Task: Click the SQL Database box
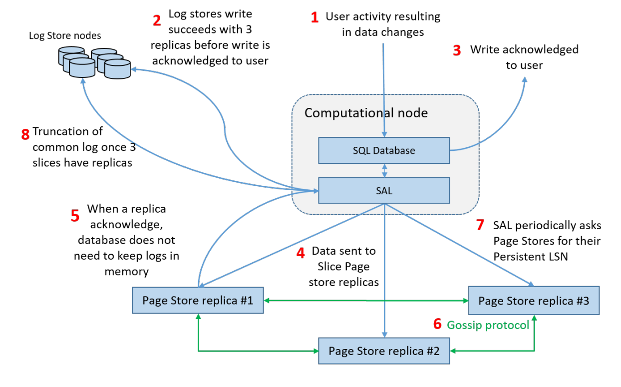pyautogui.click(x=384, y=150)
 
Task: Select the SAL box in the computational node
pyautogui.click(x=384, y=191)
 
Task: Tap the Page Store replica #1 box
pyautogui.click(x=198, y=300)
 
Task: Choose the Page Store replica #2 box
pyautogui.click(x=384, y=351)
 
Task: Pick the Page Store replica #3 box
pyautogui.click(x=534, y=301)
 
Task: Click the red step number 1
pyautogui.click(x=314, y=18)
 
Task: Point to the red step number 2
pyautogui.click(x=157, y=20)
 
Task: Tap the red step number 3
pyautogui.click(x=457, y=50)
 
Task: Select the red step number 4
pyautogui.click(x=300, y=253)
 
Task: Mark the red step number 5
pyautogui.click(x=75, y=215)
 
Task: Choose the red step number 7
pyautogui.click(x=480, y=225)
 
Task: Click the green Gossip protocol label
pyautogui.click(x=488, y=325)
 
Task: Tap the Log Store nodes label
pyautogui.click(x=65, y=35)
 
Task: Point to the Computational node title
pyautogui.click(x=366, y=113)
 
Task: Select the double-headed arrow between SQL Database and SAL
pyautogui.click(x=384, y=170)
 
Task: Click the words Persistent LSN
pyautogui.click(x=531, y=256)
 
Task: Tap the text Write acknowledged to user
pyautogui.click(x=524, y=57)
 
